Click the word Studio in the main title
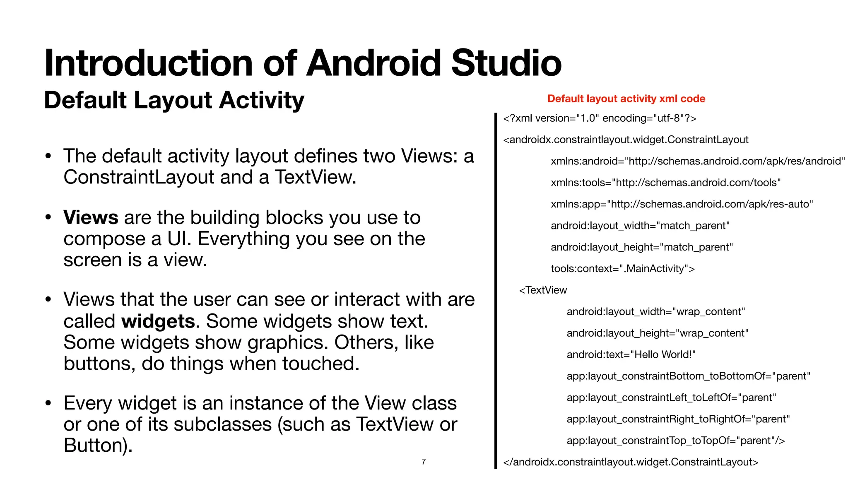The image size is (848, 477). [506, 63]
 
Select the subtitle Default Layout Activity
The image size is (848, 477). [174, 100]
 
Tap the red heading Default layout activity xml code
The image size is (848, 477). [626, 99]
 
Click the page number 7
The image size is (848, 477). [424, 462]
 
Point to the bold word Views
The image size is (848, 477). [91, 218]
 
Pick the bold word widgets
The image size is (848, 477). [158, 321]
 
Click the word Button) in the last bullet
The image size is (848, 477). [98, 446]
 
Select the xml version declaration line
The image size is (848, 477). [600, 118]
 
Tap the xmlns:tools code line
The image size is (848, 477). [665, 183]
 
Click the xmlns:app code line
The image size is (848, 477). [682, 204]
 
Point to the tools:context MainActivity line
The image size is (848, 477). [622, 269]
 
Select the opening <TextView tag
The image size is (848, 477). [543, 290]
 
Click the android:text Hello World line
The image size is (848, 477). [631, 355]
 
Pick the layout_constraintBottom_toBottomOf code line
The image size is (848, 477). [688, 376]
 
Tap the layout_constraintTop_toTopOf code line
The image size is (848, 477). [675, 441]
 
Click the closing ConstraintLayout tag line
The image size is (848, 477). [631, 462]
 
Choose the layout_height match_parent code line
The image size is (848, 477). [641, 247]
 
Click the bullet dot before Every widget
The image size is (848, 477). [48, 403]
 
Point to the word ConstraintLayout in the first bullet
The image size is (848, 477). [139, 178]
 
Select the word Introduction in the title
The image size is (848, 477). [148, 63]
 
